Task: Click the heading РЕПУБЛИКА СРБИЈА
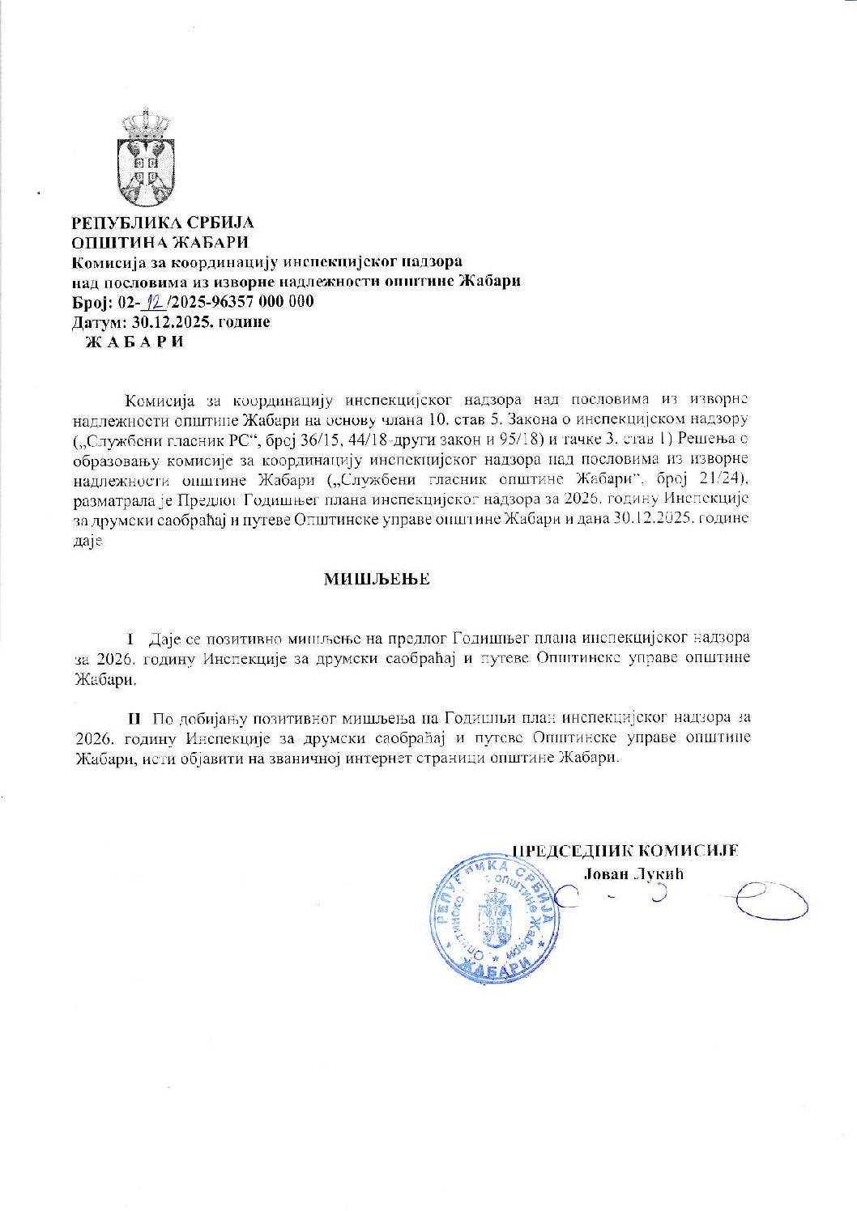tap(163, 223)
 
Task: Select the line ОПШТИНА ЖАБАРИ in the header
tap(160, 242)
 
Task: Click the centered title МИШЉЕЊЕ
tap(377, 580)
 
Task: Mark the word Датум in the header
tap(95, 321)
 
